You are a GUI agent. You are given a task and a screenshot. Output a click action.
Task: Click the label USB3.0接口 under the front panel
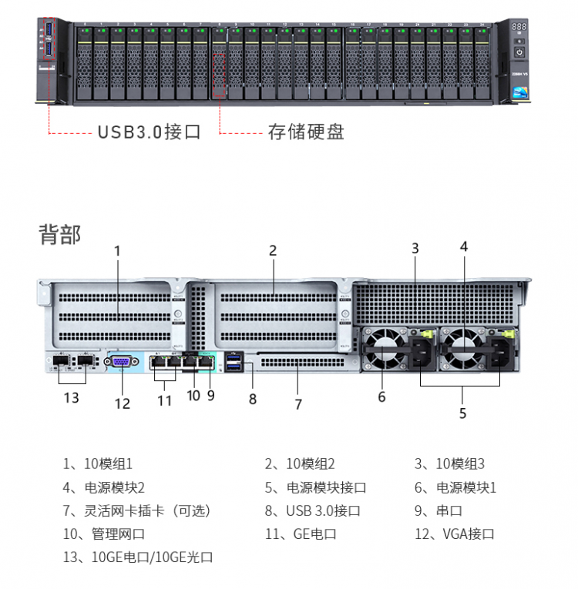tap(149, 132)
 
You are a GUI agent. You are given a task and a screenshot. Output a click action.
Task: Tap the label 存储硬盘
tap(305, 132)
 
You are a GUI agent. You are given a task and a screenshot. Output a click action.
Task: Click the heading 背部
tap(59, 235)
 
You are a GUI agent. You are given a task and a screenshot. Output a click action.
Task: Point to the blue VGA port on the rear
tap(122, 362)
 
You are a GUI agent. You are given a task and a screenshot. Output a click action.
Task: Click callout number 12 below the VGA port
tap(123, 403)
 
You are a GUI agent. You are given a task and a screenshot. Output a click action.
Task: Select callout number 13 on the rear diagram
tap(71, 398)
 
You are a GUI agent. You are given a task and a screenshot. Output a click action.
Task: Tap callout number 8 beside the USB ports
tap(252, 399)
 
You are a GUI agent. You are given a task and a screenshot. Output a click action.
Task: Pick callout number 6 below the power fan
tap(381, 397)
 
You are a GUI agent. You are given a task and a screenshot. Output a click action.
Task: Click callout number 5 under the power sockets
tap(462, 413)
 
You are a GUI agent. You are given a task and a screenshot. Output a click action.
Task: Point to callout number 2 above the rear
tap(273, 250)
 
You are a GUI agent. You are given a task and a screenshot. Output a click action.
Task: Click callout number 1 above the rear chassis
tap(118, 250)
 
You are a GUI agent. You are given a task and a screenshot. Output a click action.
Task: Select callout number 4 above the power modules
tap(464, 246)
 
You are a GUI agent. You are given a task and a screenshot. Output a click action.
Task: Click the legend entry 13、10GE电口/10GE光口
tap(138, 557)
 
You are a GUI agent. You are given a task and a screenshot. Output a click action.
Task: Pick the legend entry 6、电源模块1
tap(455, 487)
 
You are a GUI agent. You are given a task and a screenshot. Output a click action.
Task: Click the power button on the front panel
tap(519, 52)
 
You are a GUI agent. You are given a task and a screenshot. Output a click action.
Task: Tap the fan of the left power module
tap(382, 346)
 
